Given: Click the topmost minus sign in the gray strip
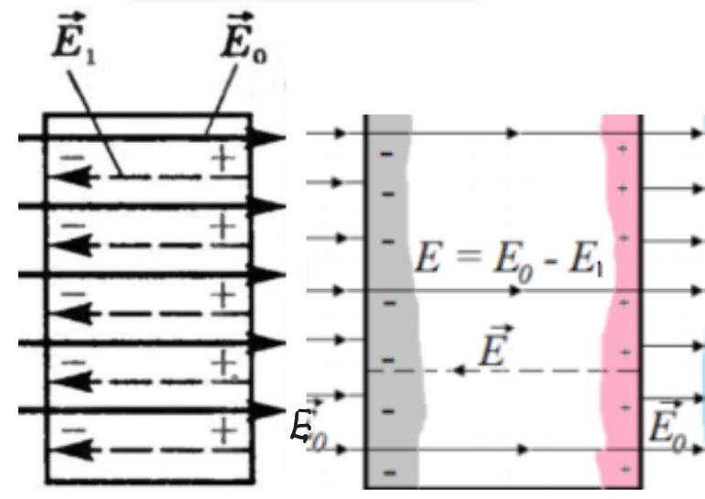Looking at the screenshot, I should (386, 154).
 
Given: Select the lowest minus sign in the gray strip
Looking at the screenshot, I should (387, 473).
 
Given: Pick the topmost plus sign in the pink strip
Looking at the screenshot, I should (624, 148).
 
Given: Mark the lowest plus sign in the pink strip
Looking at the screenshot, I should (624, 469).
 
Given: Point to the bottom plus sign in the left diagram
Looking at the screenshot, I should (222, 429).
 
